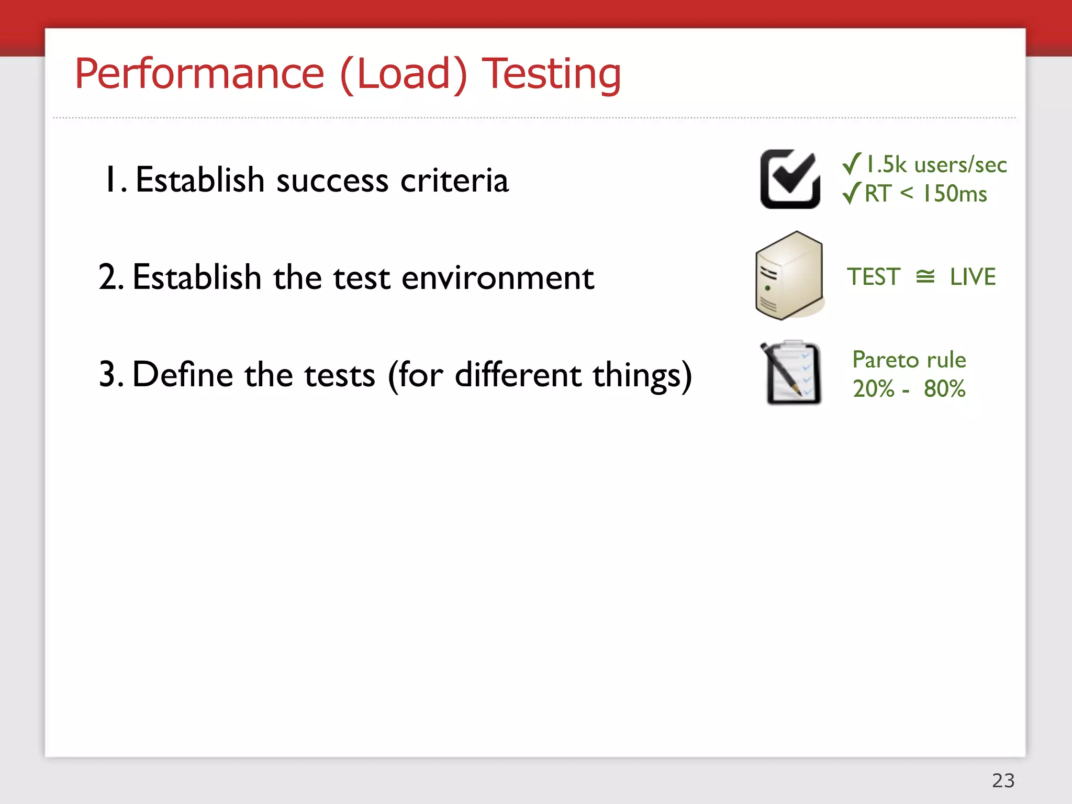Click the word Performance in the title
point(199,74)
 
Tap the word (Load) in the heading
point(403,74)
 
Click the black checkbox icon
point(790,179)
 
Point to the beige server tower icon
point(790,276)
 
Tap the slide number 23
point(1003,780)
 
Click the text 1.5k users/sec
point(936,165)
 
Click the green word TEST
point(874,277)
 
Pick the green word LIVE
point(973,277)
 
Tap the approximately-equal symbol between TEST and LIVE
point(925,277)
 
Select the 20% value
point(874,389)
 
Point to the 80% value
point(944,389)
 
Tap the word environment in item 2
point(497,277)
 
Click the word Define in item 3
point(183,375)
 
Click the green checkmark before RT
point(852,193)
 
